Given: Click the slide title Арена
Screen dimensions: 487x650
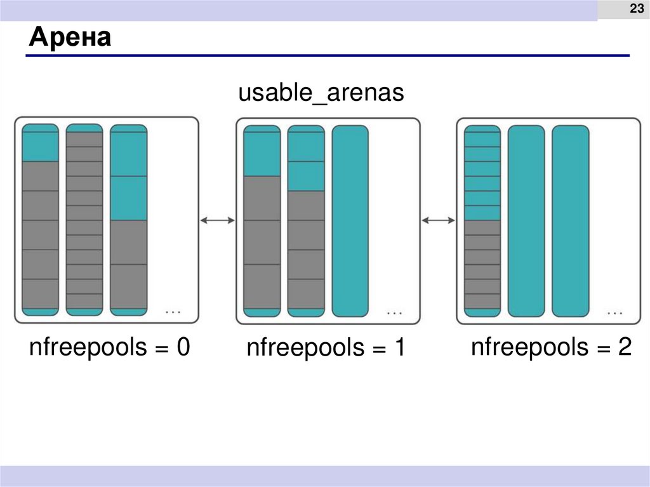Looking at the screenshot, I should coord(69,39).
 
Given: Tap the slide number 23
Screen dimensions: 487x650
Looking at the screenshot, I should coord(635,9).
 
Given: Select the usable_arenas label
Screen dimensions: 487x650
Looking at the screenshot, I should coord(321,93).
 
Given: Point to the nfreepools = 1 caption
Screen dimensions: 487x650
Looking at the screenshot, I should coord(326,349).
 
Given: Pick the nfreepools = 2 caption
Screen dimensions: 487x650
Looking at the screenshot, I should coord(551,348).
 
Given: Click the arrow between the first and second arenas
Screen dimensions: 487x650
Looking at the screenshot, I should coord(217,220).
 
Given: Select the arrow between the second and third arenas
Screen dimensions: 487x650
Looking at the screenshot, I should coord(438,220).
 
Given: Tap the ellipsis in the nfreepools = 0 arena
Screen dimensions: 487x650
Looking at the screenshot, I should coord(173,312).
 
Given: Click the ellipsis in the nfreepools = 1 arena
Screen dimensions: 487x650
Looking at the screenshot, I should coord(394,312).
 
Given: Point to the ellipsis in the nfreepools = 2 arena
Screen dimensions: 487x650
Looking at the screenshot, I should coord(614,312).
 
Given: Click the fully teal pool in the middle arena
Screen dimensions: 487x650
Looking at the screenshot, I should coord(350,220).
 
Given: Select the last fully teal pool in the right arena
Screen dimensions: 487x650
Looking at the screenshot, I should coord(570,220).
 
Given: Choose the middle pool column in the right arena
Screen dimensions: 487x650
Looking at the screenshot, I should coord(526,220).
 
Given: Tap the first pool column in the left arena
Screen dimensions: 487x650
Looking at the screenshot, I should coord(40,220).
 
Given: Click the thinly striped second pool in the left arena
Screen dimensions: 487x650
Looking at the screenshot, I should coord(84,220).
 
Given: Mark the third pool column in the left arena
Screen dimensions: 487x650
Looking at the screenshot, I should coord(128,220).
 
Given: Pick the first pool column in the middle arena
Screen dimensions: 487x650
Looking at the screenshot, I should coord(262,220).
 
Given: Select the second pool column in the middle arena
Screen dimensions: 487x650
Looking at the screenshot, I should coord(306,220).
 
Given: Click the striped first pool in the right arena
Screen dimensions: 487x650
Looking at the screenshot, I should coord(482,220).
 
